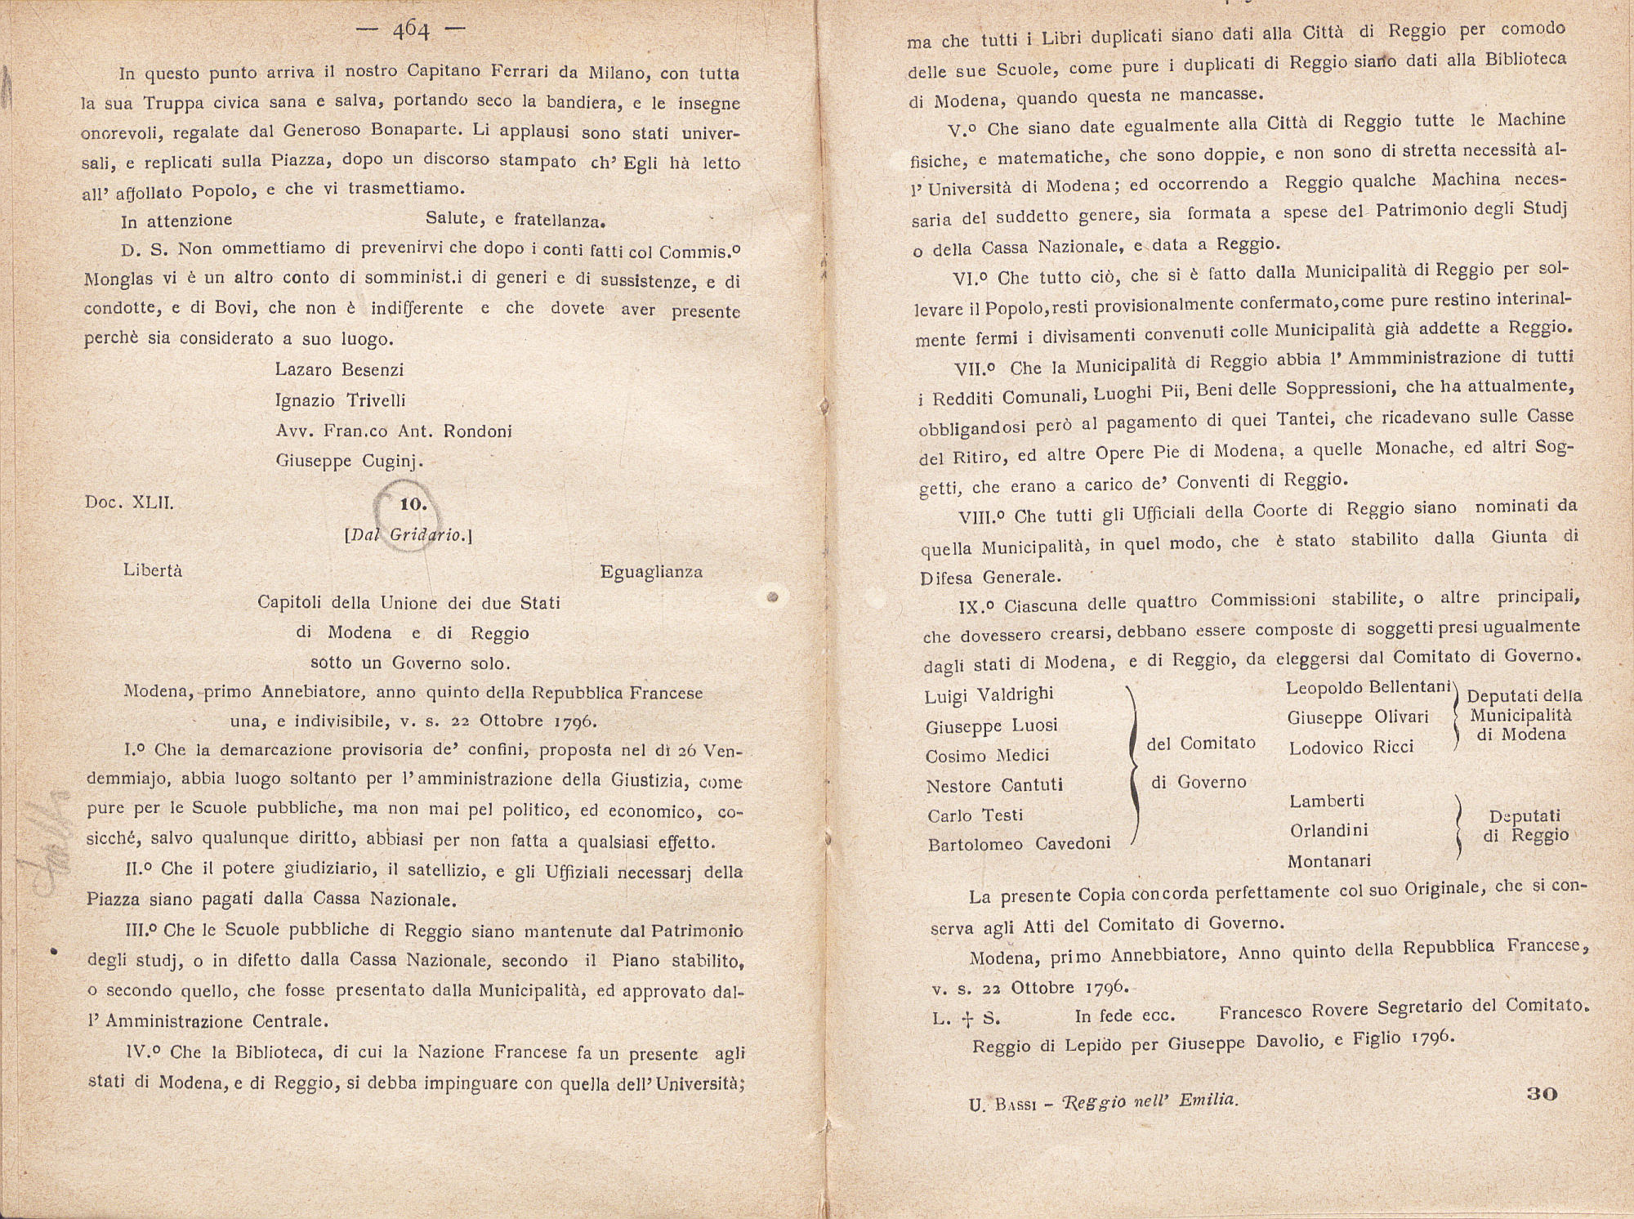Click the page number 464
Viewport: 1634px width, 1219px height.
pyautogui.click(x=411, y=30)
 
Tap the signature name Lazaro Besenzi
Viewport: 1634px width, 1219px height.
pyautogui.click(x=339, y=369)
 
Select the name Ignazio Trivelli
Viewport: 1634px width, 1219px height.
pyautogui.click(x=340, y=400)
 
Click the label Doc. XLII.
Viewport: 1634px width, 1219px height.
pyautogui.click(x=129, y=502)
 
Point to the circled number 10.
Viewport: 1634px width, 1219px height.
pyautogui.click(x=413, y=504)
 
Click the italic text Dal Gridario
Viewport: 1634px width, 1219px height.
pyautogui.click(x=409, y=536)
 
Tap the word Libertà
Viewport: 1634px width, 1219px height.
pyautogui.click(x=153, y=570)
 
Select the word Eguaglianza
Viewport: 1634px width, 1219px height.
pyautogui.click(x=651, y=572)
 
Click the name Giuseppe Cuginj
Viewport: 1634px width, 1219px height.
pyautogui.click(x=350, y=461)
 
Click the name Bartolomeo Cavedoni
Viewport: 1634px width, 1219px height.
pyautogui.click(x=1019, y=844)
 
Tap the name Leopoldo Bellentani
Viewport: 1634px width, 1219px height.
pyautogui.click(x=1368, y=688)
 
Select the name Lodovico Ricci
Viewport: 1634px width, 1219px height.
pyautogui.click(x=1351, y=748)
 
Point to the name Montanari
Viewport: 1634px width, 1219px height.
pyautogui.click(x=1329, y=861)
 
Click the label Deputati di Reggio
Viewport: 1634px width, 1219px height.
pyautogui.click(x=1525, y=825)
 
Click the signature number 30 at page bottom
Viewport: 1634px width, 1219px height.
pyautogui.click(x=1542, y=1093)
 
